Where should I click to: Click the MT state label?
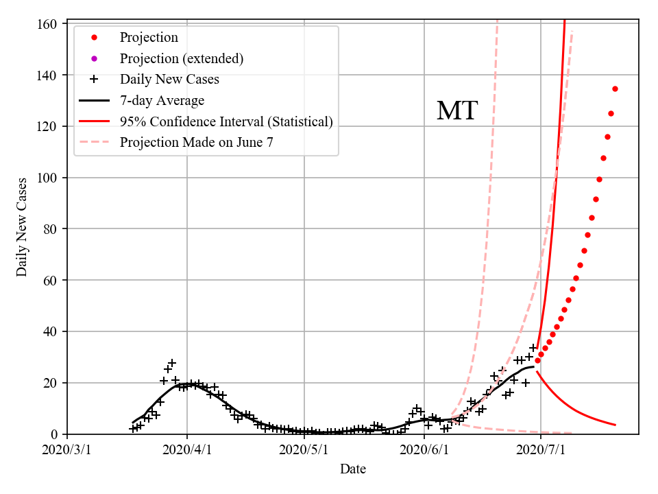[456, 110]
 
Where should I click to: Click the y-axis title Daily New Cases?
[22, 227]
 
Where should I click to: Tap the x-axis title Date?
[353, 469]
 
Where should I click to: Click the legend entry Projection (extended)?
[182, 58]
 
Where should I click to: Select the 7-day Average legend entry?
[162, 101]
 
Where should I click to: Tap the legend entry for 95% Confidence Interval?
[226, 122]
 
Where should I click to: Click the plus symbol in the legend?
[95, 80]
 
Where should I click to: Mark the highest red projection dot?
[615, 89]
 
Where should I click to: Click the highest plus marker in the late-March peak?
[172, 362]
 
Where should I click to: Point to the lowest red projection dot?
[537, 360]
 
